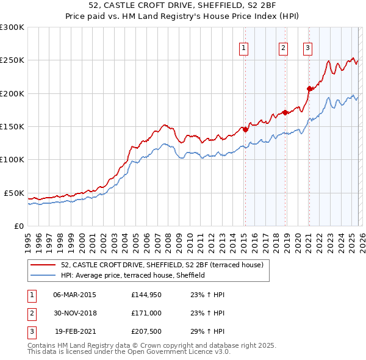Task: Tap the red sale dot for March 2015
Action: point(245,129)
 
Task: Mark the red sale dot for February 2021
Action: point(309,88)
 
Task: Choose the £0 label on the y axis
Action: point(18,226)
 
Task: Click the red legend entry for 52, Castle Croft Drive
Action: point(162,265)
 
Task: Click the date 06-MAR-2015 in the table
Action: point(74,295)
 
